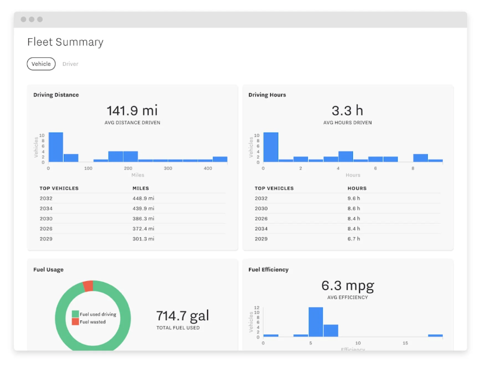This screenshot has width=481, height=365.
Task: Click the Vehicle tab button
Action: pos(41,64)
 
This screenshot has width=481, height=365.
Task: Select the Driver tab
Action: pos(70,64)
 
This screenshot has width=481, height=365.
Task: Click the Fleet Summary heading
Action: pos(65,42)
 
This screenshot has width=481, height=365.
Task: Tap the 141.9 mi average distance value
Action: pos(132,110)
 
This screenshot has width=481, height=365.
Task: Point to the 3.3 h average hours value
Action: pos(347,110)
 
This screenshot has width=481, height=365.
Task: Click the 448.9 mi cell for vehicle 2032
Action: pos(143,198)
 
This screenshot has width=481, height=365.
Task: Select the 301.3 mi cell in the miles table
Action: pos(143,239)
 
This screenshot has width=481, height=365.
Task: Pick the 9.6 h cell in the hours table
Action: pos(354,198)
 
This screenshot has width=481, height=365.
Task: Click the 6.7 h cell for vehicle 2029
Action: pos(354,239)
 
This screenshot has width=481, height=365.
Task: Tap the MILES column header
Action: pos(141,188)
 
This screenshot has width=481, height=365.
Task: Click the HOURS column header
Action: pos(357,188)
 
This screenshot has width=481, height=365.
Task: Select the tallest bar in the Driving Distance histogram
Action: pos(56,147)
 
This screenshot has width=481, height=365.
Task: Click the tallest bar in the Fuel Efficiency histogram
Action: pos(315,322)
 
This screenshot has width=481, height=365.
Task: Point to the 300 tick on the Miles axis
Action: pos(168,168)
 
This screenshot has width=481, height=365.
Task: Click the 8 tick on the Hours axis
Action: pos(413,168)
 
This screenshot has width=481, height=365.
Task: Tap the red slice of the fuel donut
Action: pos(88,286)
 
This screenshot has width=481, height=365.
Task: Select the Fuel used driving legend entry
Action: pos(97,314)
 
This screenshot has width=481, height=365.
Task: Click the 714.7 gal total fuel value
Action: pos(183,316)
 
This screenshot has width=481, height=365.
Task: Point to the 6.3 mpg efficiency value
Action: pos(347,285)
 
